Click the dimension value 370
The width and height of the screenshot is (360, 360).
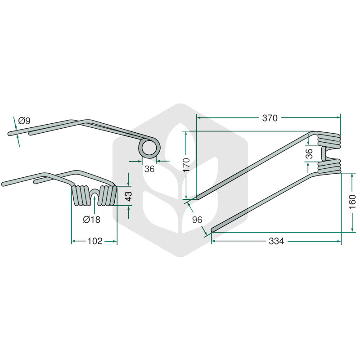pyautogui.click(x=270, y=118)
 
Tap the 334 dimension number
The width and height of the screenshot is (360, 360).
pyautogui.click(x=276, y=241)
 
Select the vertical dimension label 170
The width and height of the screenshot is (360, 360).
pyautogui.click(x=186, y=165)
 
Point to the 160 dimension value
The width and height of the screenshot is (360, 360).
pyautogui.click(x=352, y=202)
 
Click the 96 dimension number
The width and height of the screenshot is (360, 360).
pyautogui.click(x=197, y=220)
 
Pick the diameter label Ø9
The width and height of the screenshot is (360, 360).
pyautogui.click(x=24, y=121)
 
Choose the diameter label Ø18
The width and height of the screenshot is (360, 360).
pyautogui.click(x=92, y=220)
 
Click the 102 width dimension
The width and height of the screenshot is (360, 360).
pyautogui.click(x=94, y=241)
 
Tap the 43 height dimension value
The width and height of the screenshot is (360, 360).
pyautogui.click(x=129, y=196)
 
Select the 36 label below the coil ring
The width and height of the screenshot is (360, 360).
pyautogui.click(x=149, y=169)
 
